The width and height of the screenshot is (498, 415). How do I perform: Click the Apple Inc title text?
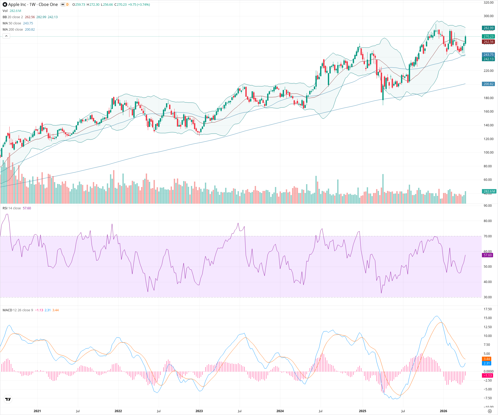(17, 4)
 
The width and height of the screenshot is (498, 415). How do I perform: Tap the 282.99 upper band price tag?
(488, 28)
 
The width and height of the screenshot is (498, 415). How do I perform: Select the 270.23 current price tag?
(488, 37)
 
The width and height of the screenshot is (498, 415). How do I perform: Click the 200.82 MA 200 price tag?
(488, 84)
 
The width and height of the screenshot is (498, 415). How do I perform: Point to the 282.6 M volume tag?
(489, 191)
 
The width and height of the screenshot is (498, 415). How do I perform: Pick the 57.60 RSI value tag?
(488, 255)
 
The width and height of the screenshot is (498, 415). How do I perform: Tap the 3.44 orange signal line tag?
(487, 359)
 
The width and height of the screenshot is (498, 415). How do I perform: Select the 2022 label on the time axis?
(118, 411)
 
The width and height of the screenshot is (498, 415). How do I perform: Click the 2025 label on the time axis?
(362, 411)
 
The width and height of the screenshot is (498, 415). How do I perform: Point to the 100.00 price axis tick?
(488, 153)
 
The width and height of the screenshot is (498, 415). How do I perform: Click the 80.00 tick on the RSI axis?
(488, 221)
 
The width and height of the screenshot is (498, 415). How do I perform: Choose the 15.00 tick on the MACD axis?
(488, 318)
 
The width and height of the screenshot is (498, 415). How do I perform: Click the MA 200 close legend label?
(13, 30)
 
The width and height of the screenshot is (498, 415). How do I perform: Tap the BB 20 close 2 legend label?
(13, 17)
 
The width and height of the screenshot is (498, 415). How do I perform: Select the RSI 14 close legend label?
(12, 208)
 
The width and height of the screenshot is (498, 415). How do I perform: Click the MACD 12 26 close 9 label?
(18, 310)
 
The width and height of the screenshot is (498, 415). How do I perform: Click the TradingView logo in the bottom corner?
(8, 399)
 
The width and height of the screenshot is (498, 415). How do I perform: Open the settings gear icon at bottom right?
(490, 411)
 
